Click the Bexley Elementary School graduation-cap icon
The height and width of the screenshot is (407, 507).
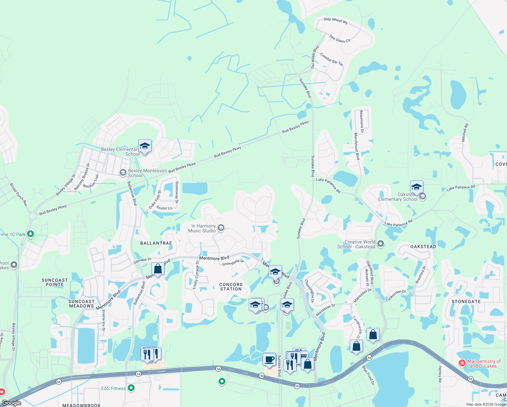tap(145, 146)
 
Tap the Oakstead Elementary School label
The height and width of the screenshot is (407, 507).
tap(398, 197)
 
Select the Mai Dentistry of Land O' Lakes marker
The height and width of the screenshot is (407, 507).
tap(462, 363)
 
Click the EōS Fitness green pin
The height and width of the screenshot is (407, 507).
tap(131, 388)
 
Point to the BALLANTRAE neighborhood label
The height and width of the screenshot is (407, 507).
tap(156, 243)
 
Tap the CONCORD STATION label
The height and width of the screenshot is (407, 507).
tap(231, 287)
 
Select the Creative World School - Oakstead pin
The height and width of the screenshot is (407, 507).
tap(381, 244)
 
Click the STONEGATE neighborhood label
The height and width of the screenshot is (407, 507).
tap(466, 302)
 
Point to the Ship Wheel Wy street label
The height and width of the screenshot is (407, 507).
tap(336, 20)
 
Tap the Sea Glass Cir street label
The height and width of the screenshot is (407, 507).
tap(340, 39)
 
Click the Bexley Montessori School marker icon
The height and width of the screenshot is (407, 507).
tap(123, 173)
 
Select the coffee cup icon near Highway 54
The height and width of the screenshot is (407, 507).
tap(269, 359)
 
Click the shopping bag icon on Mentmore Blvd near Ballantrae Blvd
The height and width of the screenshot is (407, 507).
tap(158, 269)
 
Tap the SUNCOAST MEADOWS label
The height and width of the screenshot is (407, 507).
tap(81, 304)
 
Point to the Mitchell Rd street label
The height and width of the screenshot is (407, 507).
tap(465, 133)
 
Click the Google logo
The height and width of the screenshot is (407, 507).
tap(12, 403)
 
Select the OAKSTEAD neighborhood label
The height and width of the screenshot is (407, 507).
tap(423, 247)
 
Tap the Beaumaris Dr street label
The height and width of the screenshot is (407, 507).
tap(362, 121)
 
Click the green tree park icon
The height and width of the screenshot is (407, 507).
tap(31, 234)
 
